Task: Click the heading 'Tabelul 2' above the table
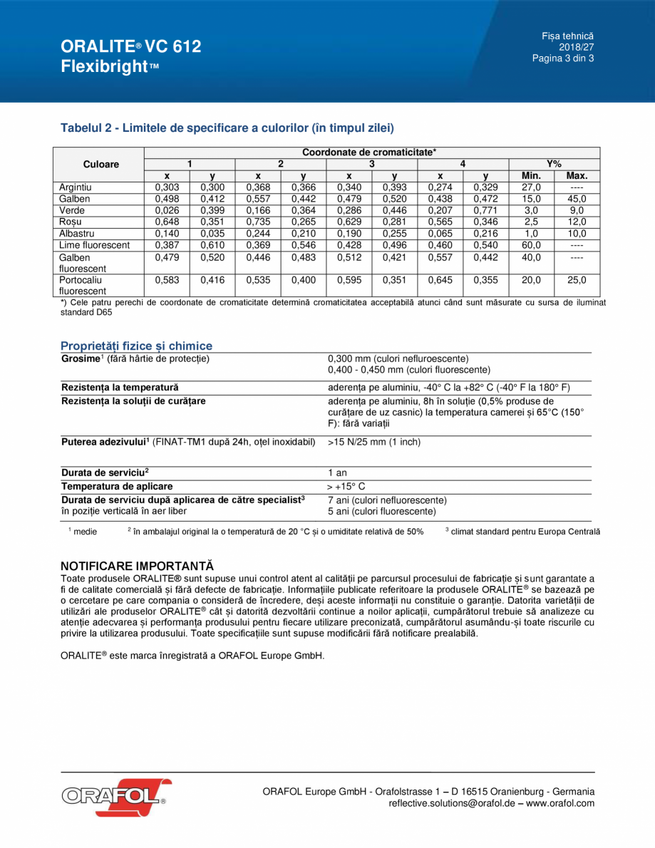227,128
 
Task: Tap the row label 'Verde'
71,210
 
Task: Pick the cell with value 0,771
485,210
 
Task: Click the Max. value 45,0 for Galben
577,199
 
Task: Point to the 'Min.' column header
531,176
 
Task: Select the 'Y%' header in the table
554,164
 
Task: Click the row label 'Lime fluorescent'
94,244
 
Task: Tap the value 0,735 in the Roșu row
258,222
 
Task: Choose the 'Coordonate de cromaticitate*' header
369,152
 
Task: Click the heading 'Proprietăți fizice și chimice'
136,346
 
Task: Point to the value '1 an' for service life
337,472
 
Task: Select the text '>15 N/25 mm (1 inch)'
374,442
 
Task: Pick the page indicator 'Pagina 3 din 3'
563,58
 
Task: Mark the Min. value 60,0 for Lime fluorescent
531,244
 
